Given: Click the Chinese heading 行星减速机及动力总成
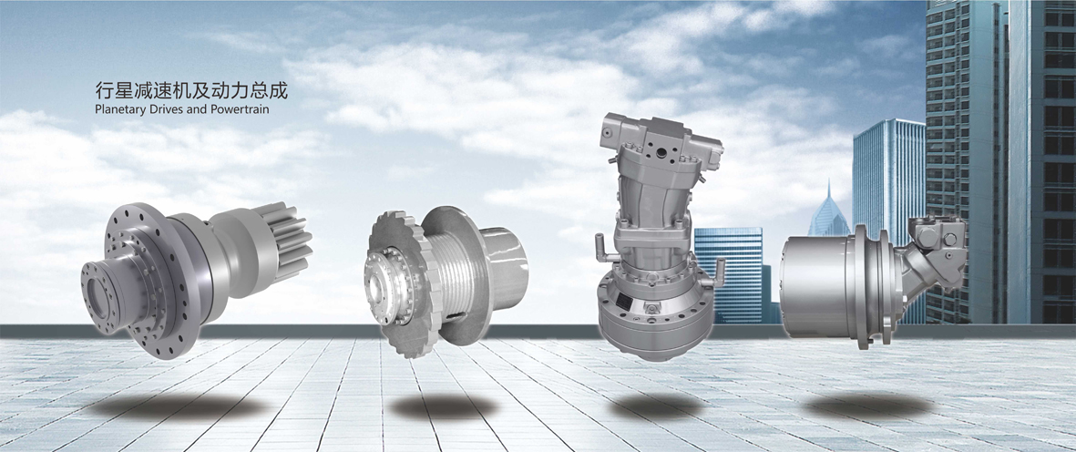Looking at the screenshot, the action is [x=190, y=90].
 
